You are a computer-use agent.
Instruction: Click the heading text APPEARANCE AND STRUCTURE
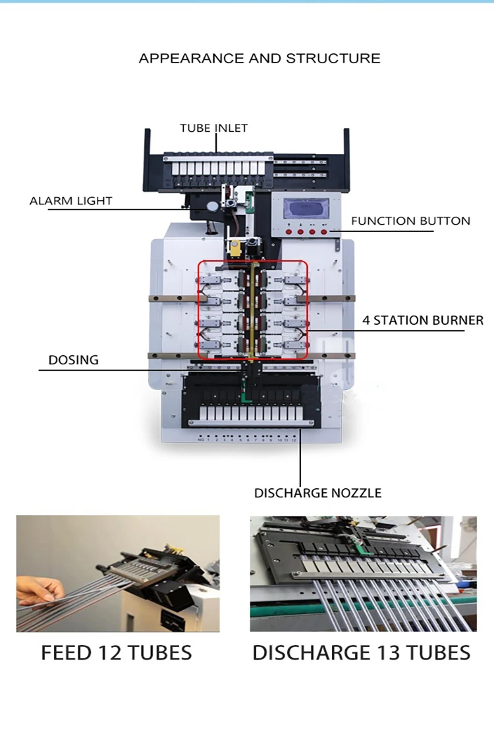tap(259, 58)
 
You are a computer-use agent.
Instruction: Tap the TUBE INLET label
tap(214, 128)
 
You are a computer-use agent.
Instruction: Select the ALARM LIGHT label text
tap(71, 201)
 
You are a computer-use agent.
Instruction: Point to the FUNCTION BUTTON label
tap(410, 221)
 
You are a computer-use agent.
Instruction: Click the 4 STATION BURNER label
tap(422, 321)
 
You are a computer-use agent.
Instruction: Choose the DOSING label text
tap(73, 360)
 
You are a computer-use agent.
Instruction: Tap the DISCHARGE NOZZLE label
tap(317, 493)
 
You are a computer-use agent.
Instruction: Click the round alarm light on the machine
tap(212, 206)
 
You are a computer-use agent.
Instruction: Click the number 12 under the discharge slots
tap(294, 439)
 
